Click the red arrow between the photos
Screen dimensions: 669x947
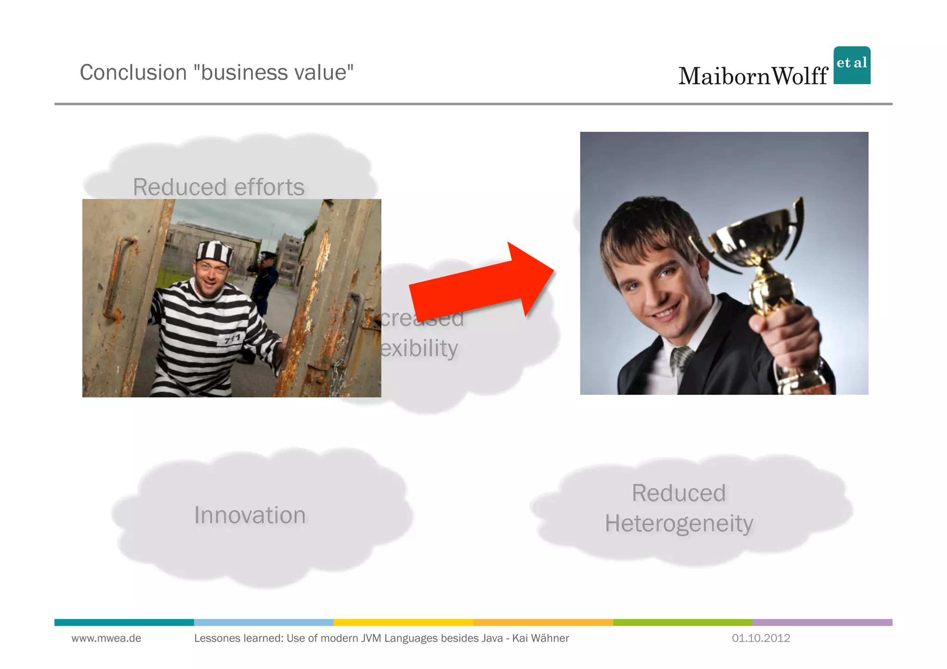(x=481, y=284)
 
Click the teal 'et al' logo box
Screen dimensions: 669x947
(x=852, y=65)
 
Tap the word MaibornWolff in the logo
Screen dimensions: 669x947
(x=753, y=76)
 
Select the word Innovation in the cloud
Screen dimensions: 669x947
(x=250, y=515)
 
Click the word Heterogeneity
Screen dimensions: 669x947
(x=679, y=524)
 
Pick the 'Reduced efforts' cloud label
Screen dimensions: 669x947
(x=219, y=187)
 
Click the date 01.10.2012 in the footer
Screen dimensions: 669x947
(x=761, y=638)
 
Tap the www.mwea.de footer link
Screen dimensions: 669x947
(x=106, y=638)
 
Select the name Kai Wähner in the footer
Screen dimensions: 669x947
(x=540, y=638)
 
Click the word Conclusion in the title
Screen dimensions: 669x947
(x=133, y=73)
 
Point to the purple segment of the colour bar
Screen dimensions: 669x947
(x=822, y=622)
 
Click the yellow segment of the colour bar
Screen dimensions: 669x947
(x=403, y=622)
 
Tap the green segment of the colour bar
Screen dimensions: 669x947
(x=683, y=622)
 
